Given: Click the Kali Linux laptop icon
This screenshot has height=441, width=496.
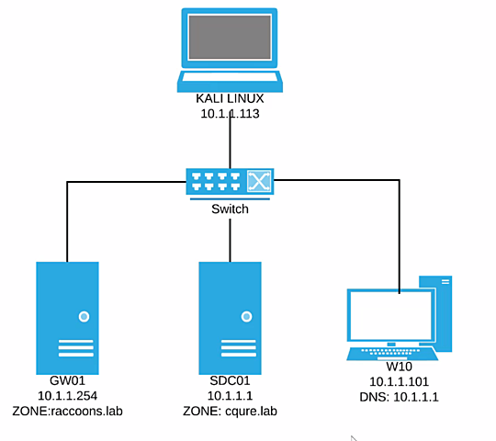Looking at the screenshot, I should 231,50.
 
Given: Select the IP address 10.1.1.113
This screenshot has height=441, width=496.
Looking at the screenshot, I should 231,114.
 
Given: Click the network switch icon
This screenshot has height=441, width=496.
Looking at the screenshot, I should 230,182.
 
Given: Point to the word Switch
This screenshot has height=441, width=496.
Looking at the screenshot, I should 230,209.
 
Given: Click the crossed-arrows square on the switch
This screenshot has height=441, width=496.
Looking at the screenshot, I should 260,182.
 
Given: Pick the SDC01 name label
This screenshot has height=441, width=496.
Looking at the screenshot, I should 230,381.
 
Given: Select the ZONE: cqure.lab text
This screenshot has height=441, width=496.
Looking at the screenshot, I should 230,411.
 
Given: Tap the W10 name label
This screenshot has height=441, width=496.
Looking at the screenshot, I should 401,367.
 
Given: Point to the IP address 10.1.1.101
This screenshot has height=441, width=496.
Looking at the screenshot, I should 401,381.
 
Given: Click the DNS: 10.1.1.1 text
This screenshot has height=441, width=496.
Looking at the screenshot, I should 401,396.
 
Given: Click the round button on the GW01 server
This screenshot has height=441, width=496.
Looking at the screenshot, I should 84,316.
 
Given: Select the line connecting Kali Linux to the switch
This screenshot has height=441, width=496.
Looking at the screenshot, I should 231,142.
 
